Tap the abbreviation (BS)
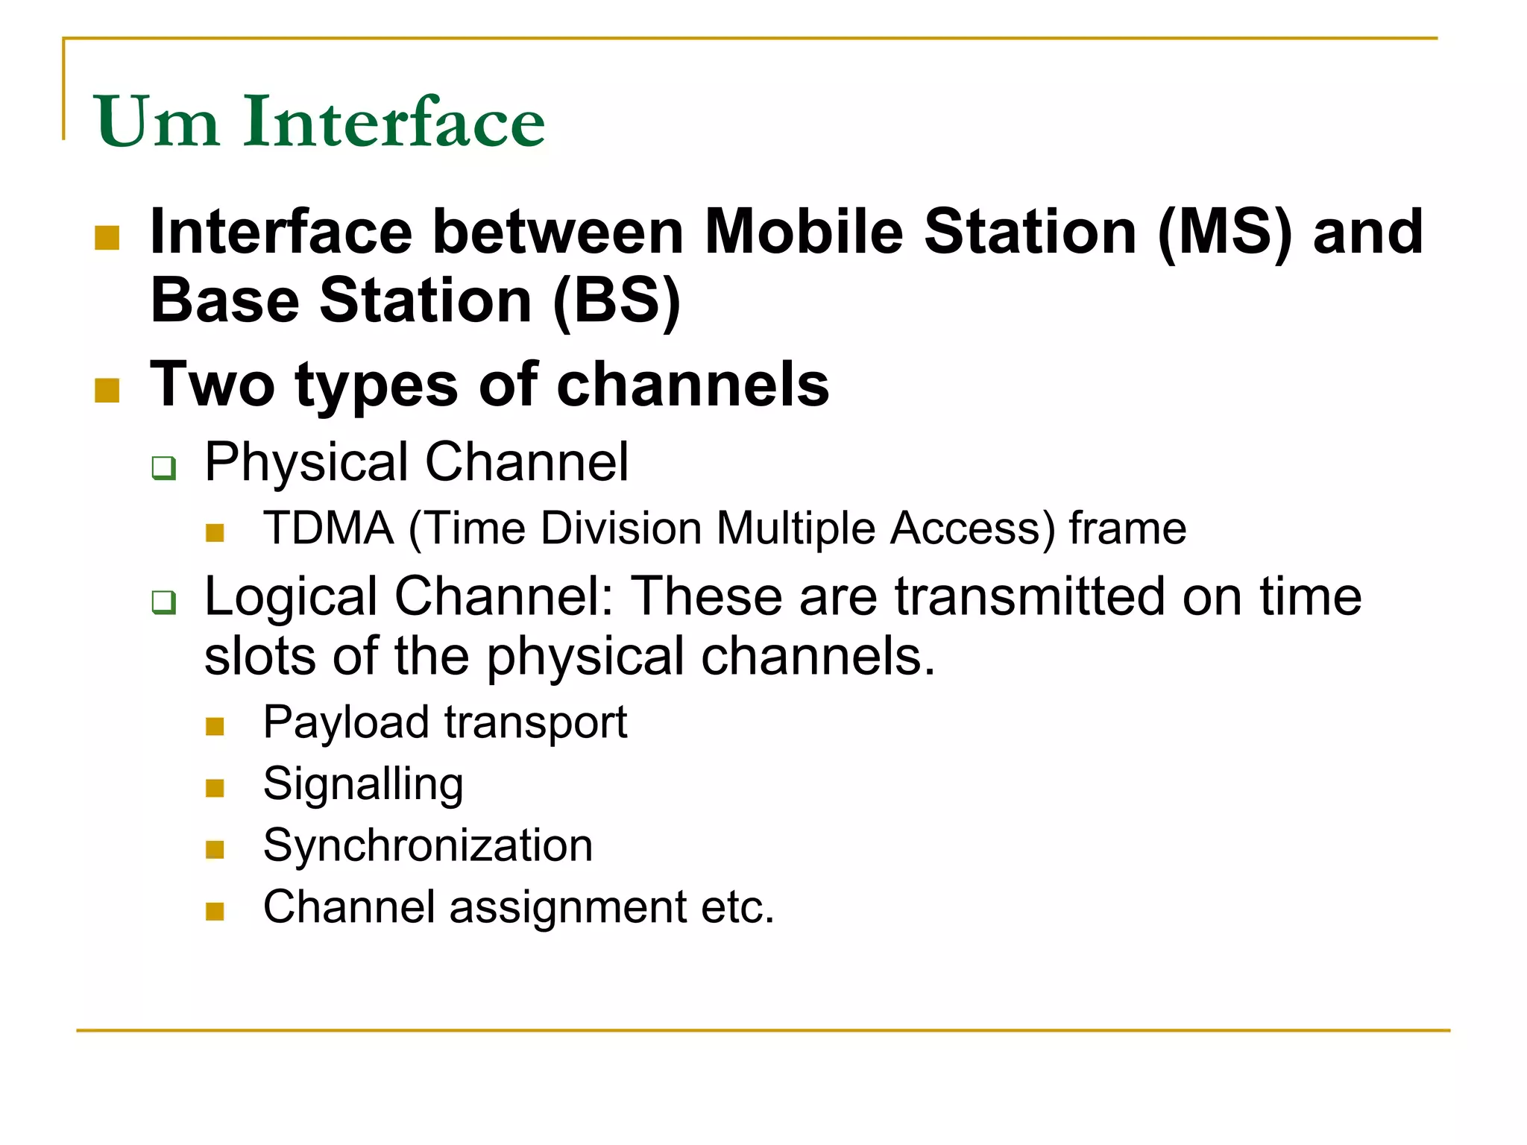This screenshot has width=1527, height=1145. (x=617, y=300)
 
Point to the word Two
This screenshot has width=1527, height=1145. (x=212, y=385)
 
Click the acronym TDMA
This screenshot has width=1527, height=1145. (x=329, y=529)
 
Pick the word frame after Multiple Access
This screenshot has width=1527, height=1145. (x=1127, y=529)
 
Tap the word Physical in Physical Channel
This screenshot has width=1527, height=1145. (x=306, y=463)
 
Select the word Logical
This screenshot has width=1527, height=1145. (x=291, y=597)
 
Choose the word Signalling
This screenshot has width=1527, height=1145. (x=363, y=785)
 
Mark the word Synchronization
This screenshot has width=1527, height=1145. (x=428, y=846)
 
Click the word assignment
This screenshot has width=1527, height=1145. (x=568, y=908)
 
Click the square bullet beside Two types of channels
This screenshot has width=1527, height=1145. (x=107, y=390)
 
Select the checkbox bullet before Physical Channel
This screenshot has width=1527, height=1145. (x=164, y=468)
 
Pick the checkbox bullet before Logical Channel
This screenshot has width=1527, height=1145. (x=164, y=602)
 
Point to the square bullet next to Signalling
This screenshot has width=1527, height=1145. (x=215, y=788)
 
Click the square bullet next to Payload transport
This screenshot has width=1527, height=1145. (x=215, y=726)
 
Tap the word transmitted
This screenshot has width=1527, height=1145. (x=1030, y=597)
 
